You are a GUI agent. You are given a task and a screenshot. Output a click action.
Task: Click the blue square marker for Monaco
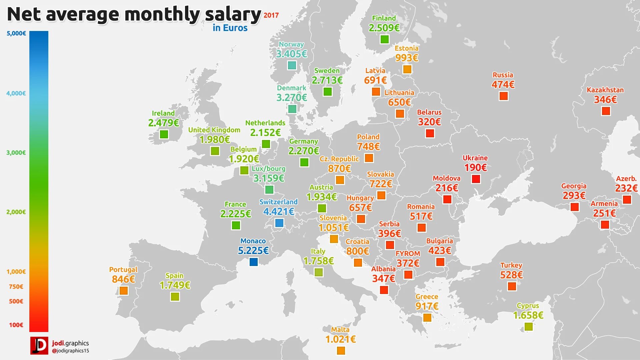click(253, 262)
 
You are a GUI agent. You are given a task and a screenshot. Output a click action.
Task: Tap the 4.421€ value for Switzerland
click(278, 212)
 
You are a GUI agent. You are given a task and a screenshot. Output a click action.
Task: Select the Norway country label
click(291, 44)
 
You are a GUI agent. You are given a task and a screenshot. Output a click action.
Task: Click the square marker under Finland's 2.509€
click(384, 39)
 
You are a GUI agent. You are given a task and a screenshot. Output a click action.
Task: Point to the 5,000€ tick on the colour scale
click(16, 33)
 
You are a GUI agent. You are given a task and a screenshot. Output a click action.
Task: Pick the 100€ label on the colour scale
click(16, 325)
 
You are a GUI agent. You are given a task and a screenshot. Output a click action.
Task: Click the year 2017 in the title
click(271, 15)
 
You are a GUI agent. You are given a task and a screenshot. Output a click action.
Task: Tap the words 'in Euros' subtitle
click(230, 28)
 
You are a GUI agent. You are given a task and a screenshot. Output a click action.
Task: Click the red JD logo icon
click(39, 345)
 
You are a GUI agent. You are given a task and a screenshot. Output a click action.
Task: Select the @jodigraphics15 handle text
click(71, 351)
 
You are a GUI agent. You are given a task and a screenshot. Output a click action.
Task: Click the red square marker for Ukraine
click(476, 179)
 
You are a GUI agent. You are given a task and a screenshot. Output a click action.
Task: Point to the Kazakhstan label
click(605, 90)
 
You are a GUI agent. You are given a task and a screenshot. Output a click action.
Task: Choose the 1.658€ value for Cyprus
click(528, 315)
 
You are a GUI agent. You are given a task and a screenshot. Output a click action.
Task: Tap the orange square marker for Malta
click(341, 350)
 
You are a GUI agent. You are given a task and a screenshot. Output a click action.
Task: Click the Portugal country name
click(123, 270)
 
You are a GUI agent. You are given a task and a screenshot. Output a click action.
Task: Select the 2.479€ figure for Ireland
click(163, 123)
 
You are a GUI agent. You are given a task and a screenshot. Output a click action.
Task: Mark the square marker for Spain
click(175, 296)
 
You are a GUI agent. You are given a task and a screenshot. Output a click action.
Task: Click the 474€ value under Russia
click(503, 85)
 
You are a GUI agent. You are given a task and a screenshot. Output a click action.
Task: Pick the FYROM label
click(408, 254)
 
